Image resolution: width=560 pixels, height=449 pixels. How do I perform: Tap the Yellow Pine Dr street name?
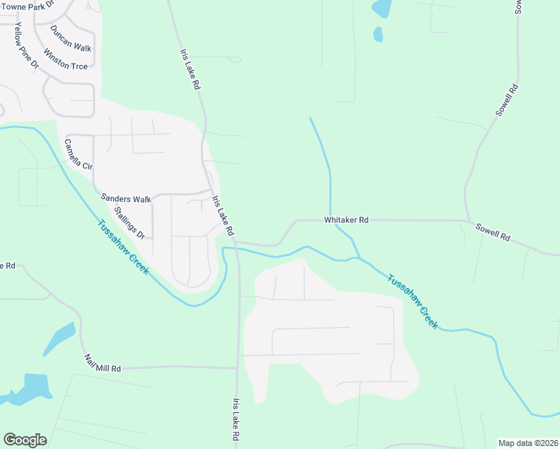tap(26, 46)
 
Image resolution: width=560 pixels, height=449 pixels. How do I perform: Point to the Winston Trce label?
tap(66, 60)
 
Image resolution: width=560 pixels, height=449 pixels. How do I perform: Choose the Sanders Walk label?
tap(127, 200)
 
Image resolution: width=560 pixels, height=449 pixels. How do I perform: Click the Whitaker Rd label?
tap(346, 220)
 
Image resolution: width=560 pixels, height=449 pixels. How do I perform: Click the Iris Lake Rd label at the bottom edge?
tap(237, 419)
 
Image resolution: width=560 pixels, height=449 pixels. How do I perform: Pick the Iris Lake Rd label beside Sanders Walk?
tap(223, 216)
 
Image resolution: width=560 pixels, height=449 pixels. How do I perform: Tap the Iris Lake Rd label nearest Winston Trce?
tap(190, 70)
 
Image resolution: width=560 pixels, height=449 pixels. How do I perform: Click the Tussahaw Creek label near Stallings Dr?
tap(122, 245)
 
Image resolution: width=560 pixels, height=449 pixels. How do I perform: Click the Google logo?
tap(25, 440)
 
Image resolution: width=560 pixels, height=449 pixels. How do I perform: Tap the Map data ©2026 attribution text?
tap(528, 443)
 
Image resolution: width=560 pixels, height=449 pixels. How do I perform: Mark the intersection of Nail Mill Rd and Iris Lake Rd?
tap(238, 367)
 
